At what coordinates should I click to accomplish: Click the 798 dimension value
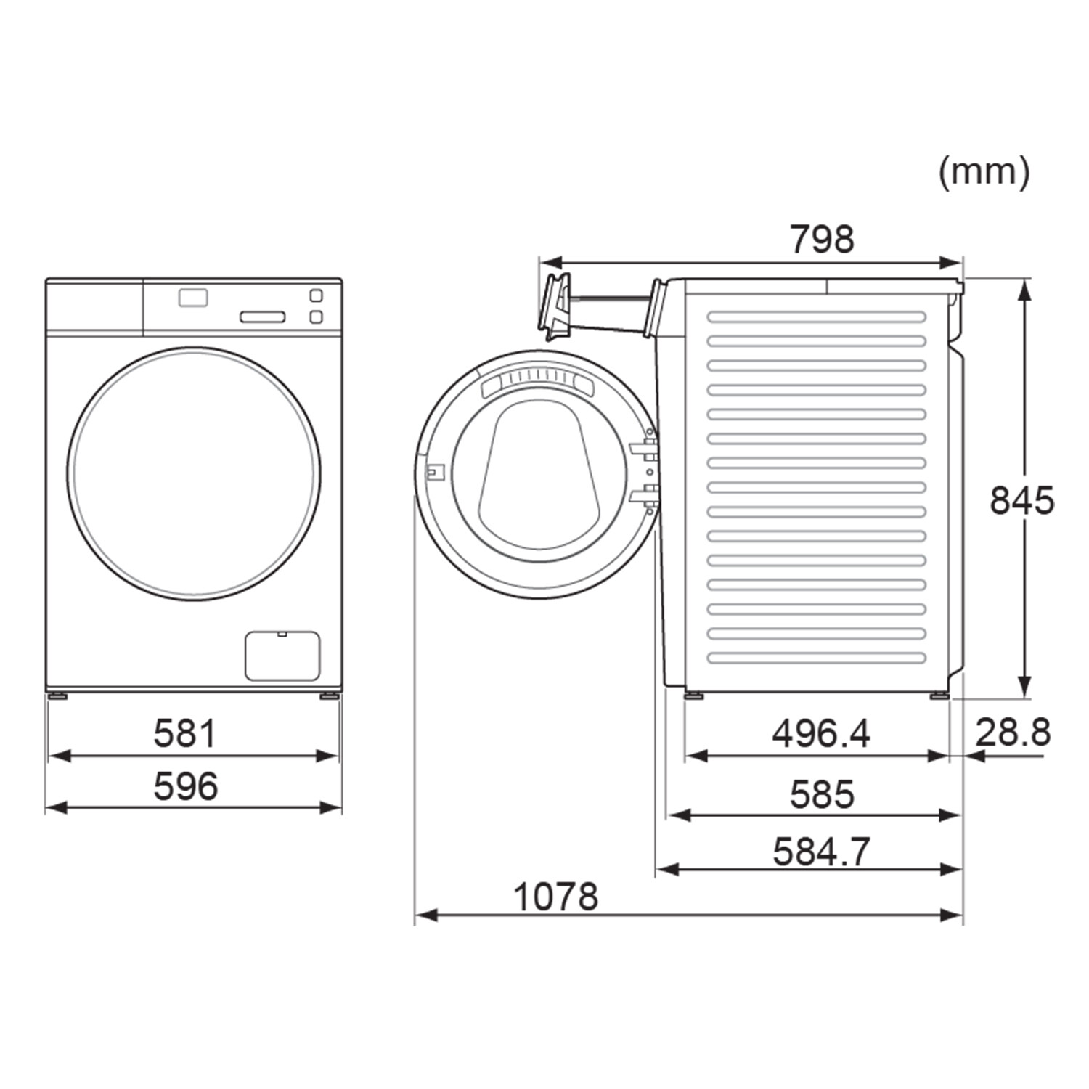[822, 239]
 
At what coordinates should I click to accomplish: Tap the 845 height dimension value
[1021, 501]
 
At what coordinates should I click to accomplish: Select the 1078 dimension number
[556, 897]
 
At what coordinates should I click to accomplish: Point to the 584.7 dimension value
[821, 852]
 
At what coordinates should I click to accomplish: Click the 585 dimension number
[822, 794]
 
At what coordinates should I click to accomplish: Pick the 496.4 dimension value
[821, 734]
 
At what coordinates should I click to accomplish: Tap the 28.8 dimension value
[1013, 732]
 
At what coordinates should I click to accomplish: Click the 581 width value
[185, 734]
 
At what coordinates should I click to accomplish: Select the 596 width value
[185, 787]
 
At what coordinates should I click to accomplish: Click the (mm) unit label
[984, 173]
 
